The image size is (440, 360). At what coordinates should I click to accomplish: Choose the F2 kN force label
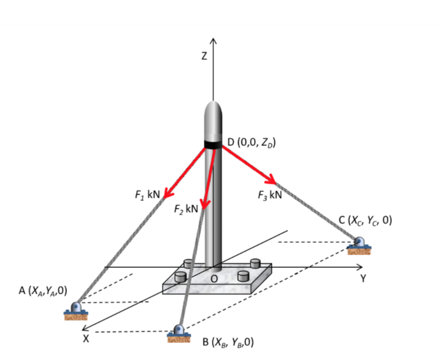coord(186,209)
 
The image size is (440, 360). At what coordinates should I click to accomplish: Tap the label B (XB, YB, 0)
coord(228,342)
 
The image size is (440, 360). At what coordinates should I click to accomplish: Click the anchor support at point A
coord(77,311)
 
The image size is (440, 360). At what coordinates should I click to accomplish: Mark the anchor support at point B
coord(179,333)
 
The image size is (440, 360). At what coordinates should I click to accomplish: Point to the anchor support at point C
coord(359,245)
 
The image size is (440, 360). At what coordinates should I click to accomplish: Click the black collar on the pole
coord(213,144)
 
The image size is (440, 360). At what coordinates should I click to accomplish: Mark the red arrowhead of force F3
coord(271,180)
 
